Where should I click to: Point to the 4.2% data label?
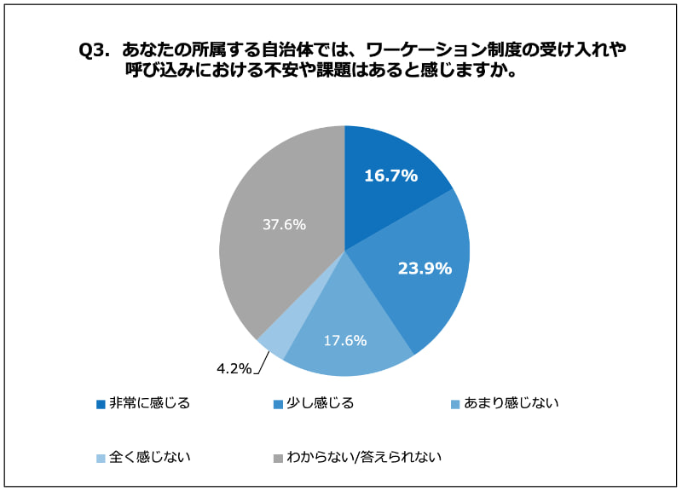click(x=233, y=369)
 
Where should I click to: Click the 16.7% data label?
click(x=390, y=176)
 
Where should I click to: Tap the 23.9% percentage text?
click(x=425, y=269)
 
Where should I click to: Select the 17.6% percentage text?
click(x=345, y=340)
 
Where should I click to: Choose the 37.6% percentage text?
click(x=285, y=225)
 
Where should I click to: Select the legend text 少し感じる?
click(x=317, y=403)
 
